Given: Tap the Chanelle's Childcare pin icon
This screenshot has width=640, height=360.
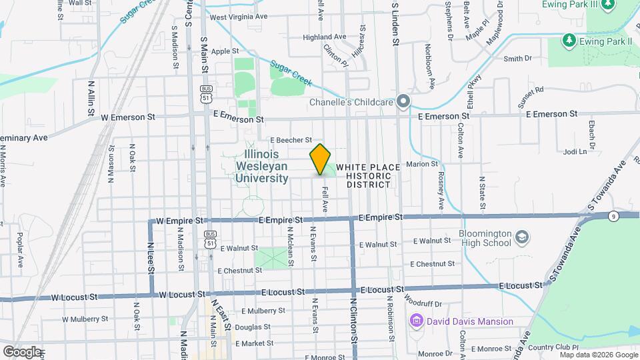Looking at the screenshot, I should point(402,102).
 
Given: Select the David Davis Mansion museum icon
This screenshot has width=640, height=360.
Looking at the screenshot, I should point(417,321).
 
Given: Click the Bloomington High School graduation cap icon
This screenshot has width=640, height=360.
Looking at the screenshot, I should point(522,237).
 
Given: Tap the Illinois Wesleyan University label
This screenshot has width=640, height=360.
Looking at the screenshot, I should point(261,166).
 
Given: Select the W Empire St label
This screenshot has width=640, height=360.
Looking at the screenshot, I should point(178,220).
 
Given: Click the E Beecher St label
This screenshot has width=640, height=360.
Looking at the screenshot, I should point(291,140).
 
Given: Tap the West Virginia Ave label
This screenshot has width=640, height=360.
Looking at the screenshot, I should point(238,16).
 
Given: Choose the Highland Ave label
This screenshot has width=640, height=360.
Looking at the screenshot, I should point(324,37).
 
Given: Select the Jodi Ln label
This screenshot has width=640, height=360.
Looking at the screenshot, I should point(574,151).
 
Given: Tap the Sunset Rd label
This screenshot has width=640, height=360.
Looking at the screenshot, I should point(531,89).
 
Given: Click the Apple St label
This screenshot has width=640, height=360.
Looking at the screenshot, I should point(225,51).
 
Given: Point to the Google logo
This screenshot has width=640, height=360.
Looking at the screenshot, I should point(22,351).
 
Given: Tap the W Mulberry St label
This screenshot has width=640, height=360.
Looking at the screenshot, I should point(89,319).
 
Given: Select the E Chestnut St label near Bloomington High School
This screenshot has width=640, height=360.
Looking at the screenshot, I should point(436,264).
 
